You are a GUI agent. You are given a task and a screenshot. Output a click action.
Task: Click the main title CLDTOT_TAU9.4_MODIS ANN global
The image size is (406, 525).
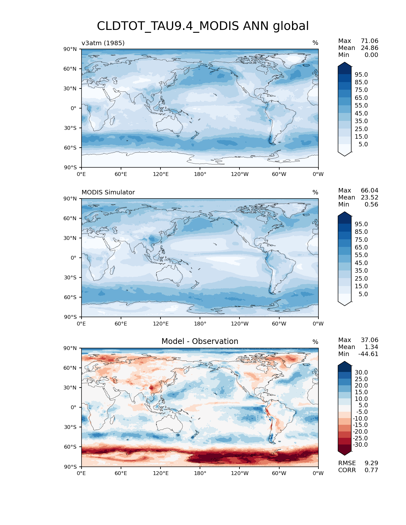203,26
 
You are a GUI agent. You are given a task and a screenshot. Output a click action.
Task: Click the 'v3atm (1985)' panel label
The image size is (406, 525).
103,43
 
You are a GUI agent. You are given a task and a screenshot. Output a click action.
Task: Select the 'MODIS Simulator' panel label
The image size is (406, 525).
108,192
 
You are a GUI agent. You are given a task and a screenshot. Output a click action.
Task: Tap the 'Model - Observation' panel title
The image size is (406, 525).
200,341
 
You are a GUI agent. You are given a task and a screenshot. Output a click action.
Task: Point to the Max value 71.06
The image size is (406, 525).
369,41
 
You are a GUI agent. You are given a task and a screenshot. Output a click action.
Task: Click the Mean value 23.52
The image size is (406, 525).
369,198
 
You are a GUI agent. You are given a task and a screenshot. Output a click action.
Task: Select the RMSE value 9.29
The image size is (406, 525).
372,463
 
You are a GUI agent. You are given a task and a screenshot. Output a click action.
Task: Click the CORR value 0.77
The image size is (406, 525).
371,470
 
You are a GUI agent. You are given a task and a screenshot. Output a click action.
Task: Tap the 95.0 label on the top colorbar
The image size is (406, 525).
361,75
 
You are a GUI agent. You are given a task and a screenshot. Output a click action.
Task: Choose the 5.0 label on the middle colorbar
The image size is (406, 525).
363,294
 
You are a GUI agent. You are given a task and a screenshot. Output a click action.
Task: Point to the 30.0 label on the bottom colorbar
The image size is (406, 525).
361,373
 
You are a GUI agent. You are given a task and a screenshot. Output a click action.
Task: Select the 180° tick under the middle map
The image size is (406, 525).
200,324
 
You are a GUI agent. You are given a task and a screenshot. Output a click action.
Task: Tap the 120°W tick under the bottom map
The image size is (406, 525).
240,473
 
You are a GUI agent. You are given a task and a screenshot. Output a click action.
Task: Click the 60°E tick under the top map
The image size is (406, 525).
121,174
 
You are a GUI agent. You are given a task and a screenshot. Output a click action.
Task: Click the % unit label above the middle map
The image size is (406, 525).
315,192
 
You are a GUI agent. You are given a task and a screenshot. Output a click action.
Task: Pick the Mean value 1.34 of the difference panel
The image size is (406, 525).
372,347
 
